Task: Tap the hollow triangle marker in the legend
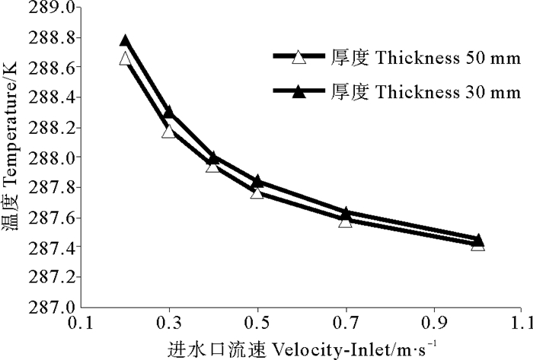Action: pos(299,57)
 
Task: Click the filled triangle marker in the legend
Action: pos(299,92)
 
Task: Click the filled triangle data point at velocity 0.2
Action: pos(126,40)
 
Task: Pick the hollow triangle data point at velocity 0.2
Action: pos(126,59)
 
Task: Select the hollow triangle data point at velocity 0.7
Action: pos(346,221)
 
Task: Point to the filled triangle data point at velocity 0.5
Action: pos(257,181)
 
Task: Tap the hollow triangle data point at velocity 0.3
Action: pos(169,132)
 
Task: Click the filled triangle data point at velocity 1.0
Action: pos(478,240)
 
